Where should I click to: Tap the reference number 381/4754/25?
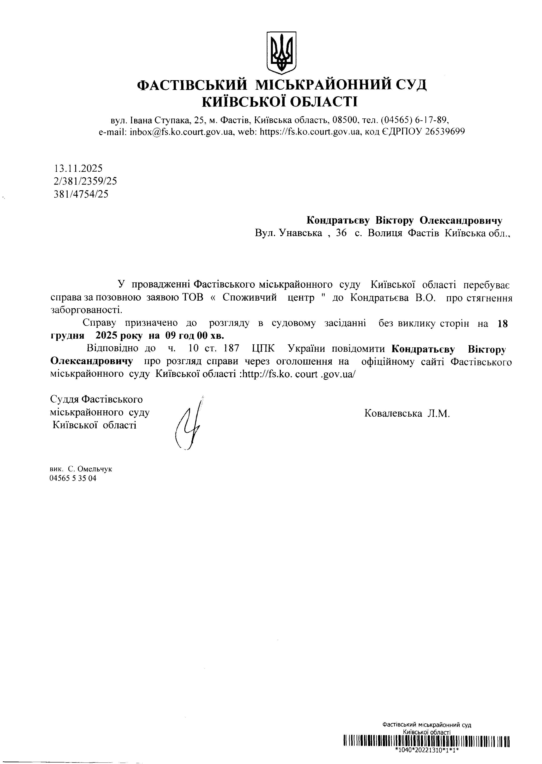coord(81,194)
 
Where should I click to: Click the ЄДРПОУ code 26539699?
coord(445,132)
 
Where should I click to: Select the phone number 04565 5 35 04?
coord(73,479)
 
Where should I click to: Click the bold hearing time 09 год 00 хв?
coord(195,335)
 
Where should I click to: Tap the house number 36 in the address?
coord(341,233)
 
